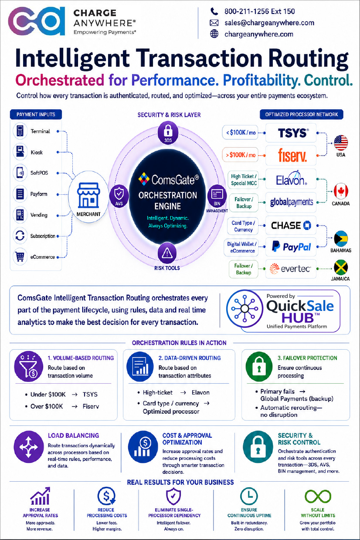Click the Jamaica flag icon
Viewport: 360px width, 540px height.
(x=341, y=267)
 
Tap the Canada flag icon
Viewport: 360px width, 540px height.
(x=341, y=192)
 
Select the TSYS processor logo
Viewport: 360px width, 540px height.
(x=293, y=133)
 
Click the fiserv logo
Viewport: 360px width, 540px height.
(x=292, y=155)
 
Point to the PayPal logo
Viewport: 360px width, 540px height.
(x=291, y=247)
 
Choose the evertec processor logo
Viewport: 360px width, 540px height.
(x=290, y=269)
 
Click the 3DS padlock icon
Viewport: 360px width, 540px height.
(x=168, y=132)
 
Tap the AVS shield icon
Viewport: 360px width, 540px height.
(x=119, y=196)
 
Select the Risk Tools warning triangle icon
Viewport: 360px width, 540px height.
(x=167, y=253)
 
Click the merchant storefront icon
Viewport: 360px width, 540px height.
(x=88, y=196)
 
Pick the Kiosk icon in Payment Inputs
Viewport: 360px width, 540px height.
(x=20, y=152)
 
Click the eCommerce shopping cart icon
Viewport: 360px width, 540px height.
(x=20, y=257)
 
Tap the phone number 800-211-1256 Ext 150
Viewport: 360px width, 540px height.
(x=260, y=11)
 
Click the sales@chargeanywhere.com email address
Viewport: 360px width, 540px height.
(x=269, y=23)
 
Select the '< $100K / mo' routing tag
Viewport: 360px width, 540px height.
(x=240, y=132)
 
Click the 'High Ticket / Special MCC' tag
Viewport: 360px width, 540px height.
(x=244, y=179)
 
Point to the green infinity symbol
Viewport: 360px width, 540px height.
(x=318, y=496)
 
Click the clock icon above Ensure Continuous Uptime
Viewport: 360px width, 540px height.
(x=249, y=496)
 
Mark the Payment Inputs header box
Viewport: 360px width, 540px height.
(x=36, y=115)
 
